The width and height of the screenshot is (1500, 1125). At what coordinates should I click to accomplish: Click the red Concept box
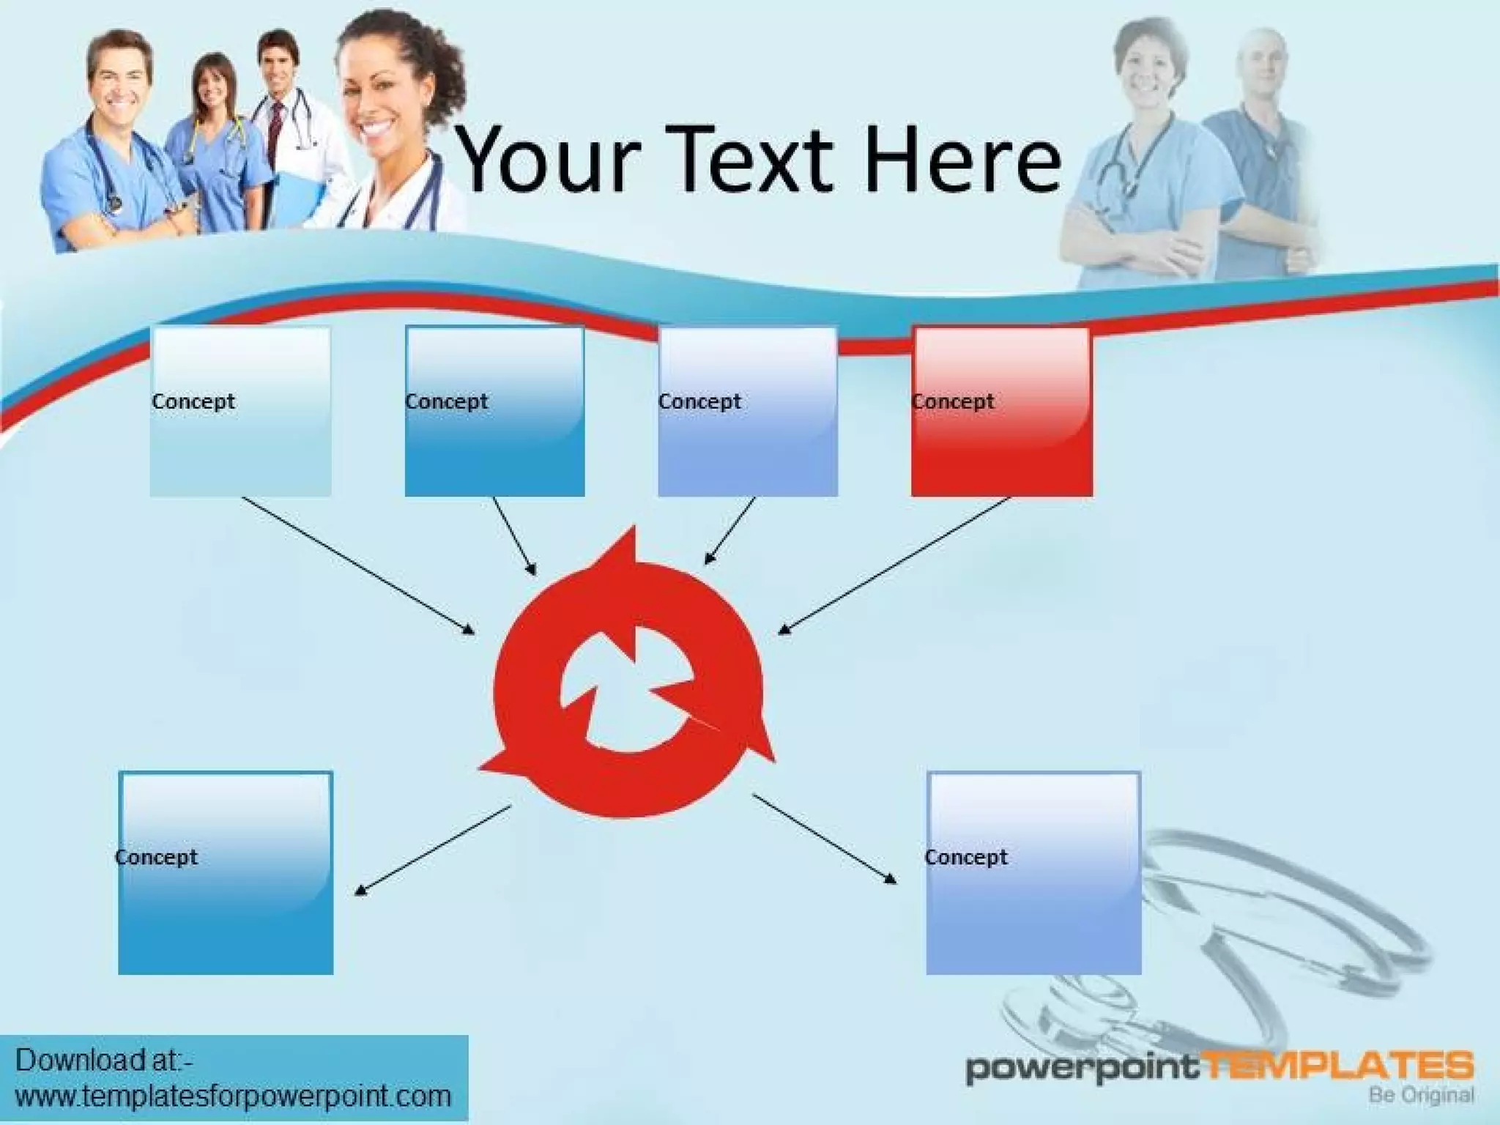[1001, 412]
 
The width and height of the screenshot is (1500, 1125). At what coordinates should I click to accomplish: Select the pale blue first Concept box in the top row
[240, 412]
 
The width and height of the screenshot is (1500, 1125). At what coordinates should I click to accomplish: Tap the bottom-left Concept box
[226, 872]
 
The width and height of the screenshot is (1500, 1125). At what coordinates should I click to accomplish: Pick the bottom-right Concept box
[1033, 872]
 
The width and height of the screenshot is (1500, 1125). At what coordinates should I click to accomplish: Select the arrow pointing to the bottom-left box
[432, 850]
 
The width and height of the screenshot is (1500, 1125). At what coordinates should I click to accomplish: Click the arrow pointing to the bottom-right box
[824, 839]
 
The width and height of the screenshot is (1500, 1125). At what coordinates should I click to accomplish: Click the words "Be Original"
[1421, 1096]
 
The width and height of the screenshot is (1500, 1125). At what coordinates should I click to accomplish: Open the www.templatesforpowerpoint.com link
[233, 1096]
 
